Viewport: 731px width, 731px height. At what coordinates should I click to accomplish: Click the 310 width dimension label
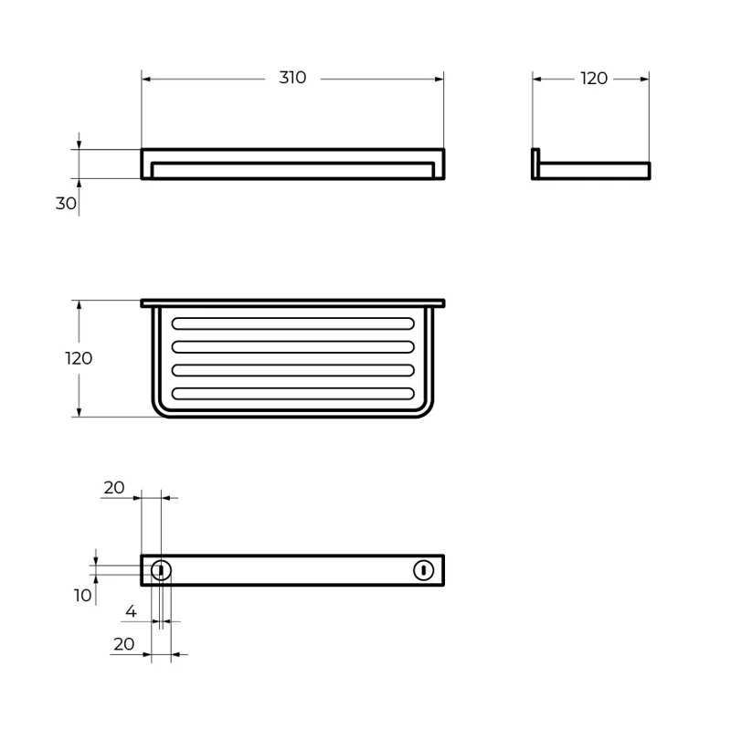click(x=292, y=78)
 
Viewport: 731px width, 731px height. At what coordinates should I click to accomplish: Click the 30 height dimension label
click(x=66, y=203)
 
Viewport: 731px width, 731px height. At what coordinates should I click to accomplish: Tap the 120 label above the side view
click(x=594, y=79)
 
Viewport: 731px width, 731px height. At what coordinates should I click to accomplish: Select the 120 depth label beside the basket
click(x=79, y=358)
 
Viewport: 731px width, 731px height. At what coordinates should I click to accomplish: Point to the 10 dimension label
click(x=82, y=596)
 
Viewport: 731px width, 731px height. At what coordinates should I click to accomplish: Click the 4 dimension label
click(x=131, y=611)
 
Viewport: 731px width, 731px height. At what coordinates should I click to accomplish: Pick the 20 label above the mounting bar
click(x=114, y=488)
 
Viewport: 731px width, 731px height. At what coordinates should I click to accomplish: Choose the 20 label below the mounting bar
click(x=124, y=644)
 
